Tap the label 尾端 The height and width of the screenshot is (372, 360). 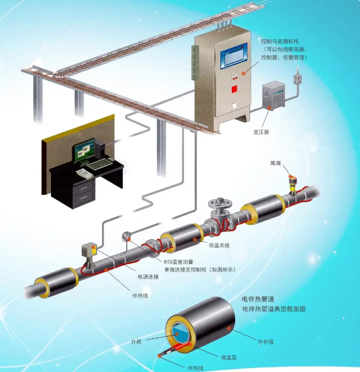click(x=275, y=163)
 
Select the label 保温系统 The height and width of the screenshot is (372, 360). click(x=219, y=245)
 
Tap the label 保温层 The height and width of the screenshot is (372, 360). click(x=229, y=357)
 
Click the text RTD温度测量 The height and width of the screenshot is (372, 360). click(x=179, y=261)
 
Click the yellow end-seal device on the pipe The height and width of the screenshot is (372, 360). click(x=292, y=181)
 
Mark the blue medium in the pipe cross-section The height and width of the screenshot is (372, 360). click(x=179, y=334)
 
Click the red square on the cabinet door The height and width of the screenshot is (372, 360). click(x=234, y=88)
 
